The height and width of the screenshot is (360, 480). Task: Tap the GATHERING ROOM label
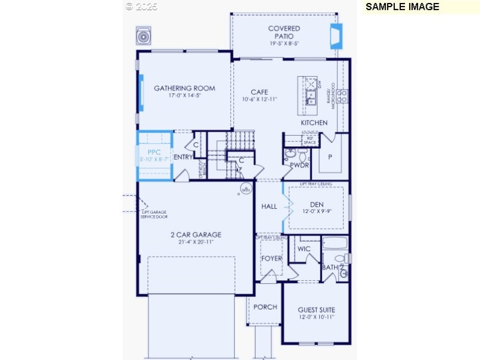184,88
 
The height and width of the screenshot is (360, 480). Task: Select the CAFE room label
259,92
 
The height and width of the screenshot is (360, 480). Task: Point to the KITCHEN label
314,122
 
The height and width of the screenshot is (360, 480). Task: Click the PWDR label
299,164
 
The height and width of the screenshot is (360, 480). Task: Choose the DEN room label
316,205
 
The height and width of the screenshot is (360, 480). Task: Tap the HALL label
269,206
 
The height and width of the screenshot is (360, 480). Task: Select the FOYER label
271,259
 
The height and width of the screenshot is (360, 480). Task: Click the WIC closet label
304,248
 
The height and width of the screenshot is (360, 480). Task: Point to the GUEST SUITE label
316,310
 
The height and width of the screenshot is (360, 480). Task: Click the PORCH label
265,307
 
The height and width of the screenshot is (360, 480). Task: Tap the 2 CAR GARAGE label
196,235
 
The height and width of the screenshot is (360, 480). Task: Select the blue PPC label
154,152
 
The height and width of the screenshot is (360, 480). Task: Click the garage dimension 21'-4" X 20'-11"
196,242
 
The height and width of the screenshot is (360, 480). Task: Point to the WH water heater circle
245,190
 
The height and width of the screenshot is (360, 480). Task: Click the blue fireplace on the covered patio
335,36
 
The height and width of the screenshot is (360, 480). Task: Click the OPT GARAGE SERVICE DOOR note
154,214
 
